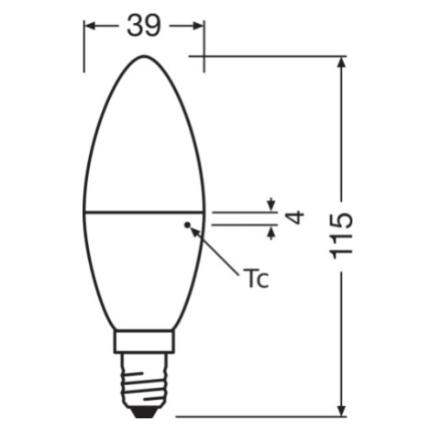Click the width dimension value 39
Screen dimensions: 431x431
click(x=143, y=26)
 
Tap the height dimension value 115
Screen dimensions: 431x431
click(x=341, y=235)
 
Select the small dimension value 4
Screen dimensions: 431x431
click(x=294, y=217)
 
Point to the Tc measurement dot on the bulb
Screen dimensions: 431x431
click(x=187, y=225)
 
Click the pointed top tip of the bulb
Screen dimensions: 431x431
click(x=144, y=56)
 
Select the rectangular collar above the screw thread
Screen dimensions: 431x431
click(x=144, y=341)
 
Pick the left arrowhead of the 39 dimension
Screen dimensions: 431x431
click(x=90, y=27)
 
